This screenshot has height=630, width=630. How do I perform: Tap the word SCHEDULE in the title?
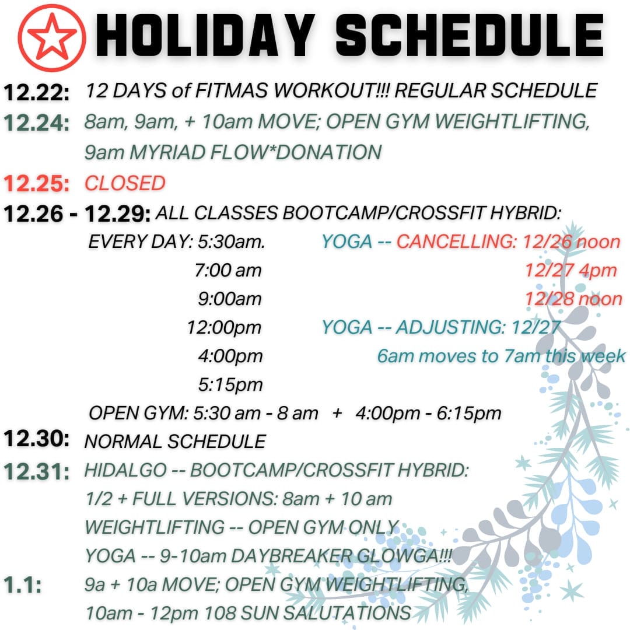tap(470, 37)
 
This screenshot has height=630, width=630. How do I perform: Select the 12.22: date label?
tap(37, 92)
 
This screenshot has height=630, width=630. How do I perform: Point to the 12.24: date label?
tap(37, 123)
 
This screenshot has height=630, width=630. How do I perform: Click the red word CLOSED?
tap(125, 183)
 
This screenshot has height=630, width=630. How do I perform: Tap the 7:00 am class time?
tap(228, 270)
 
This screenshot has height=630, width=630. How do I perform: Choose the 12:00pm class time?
tap(224, 327)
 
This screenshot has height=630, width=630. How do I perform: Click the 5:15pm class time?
tap(230, 384)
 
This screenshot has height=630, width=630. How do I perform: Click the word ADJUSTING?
tap(449, 327)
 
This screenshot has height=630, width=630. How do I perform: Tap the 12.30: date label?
tap(37, 439)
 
